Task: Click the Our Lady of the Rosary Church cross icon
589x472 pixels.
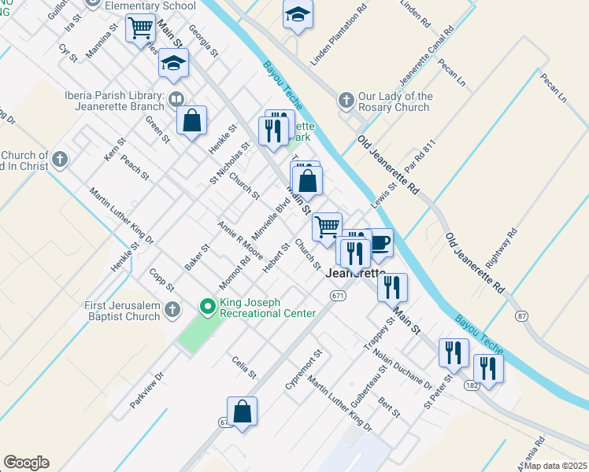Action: tap(345, 101)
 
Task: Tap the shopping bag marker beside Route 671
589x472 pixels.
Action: tap(243, 411)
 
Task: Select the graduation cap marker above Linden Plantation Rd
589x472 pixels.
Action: tap(298, 15)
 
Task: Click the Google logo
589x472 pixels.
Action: tap(26, 463)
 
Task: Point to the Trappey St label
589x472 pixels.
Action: tap(379, 334)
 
